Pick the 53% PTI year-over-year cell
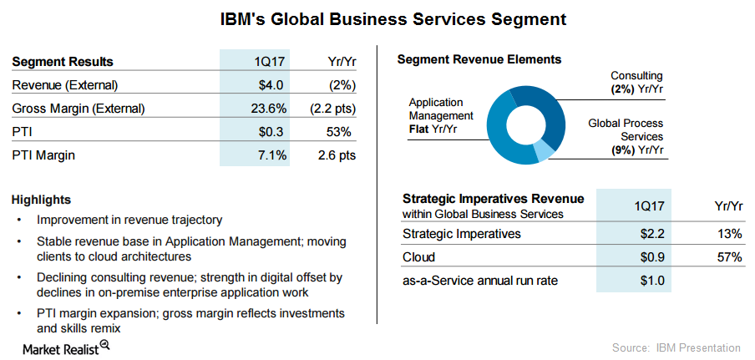[x=339, y=132]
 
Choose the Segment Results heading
[x=63, y=62]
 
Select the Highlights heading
[x=41, y=200]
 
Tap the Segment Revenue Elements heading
[x=479, y=59]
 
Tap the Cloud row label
[x=418, y=256]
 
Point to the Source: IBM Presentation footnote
[x=676, y=347]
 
